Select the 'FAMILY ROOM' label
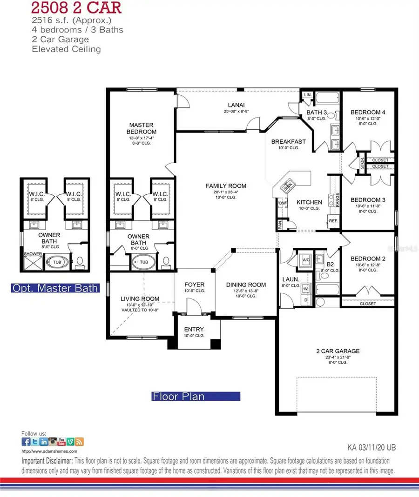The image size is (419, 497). pyautogui.click(x=226, y=186)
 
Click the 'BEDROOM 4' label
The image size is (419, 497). pyautogui.click(x=368, y=113)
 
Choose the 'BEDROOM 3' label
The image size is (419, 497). pyautogui.click(x=368, y=200)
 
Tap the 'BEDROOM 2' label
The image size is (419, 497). pyautogui.click(x=368, y=259)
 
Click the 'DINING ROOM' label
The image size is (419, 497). pyautogui.click(x=246, y=285)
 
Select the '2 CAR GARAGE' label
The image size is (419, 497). pyautogui.click(x=337, y=351)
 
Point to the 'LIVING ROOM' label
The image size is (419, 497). pyautogui.click(x=140, y=299)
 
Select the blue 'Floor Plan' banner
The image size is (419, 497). pyautogui.click(x=196, y=397)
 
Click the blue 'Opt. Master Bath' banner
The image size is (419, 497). pyautogui.click(x=55, y=288)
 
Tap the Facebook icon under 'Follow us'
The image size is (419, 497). pyautogui.click(x=26, y=442)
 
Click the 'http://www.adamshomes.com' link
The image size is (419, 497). pyautogui.click(x=49, y=451)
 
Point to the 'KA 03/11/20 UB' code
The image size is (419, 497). pyautogui.click(x=372, y=448)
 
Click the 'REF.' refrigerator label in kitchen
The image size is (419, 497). pyautogui.click(x=333, y=221)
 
